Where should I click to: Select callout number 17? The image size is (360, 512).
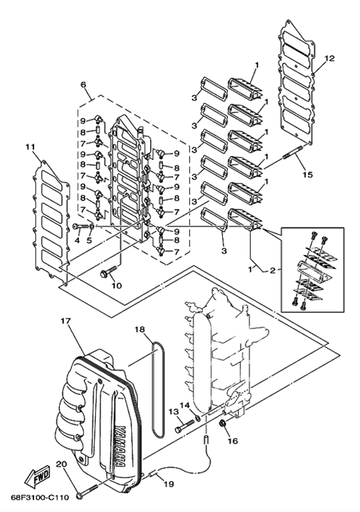click(65, 322)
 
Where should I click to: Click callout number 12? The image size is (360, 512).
click(329, 58)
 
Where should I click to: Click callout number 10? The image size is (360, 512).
click(115, 285)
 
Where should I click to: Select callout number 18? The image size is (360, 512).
click(139, 330)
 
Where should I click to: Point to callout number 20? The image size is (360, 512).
click(61, 465)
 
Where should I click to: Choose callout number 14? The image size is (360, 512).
click(184, 406)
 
